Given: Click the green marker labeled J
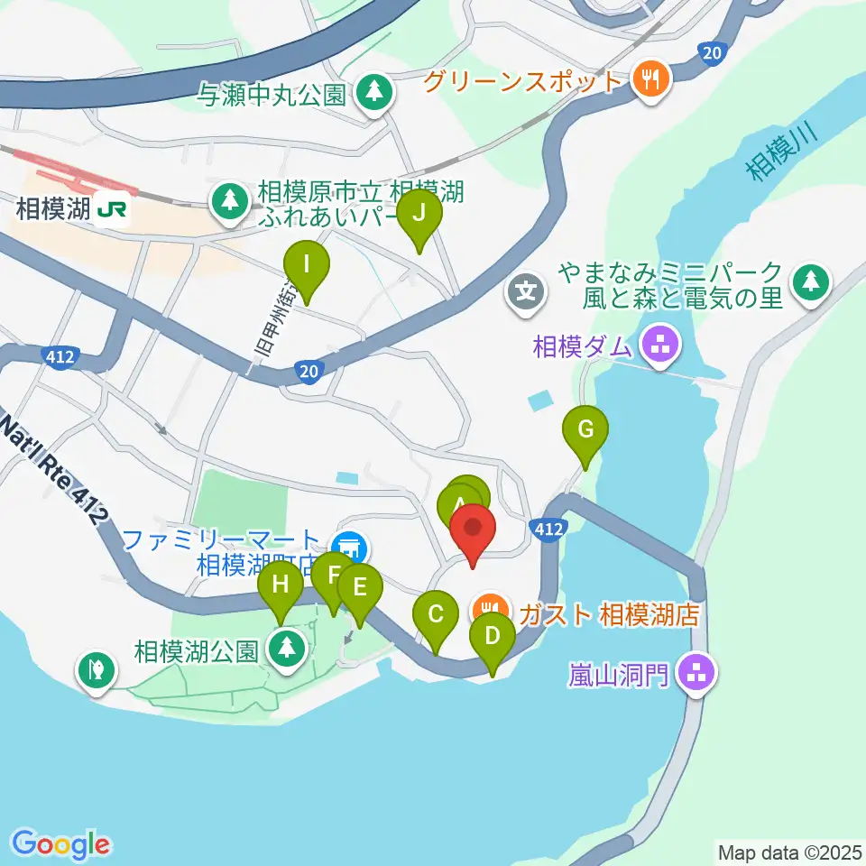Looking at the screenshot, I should pyautogui.click(x=419, y=215).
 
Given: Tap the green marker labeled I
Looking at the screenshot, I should pyautogui.click(x=307, y=265).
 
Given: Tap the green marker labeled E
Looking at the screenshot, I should pyautogui.click(x=359, y=589).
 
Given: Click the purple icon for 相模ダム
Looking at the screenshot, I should pyautogui.click(x=660, y=345).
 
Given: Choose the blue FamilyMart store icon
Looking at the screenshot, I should pyautogui.click(x=347, y=547).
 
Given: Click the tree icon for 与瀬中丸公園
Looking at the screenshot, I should pyautogui.click(x=373, y=92).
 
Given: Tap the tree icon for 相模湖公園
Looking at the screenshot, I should pyautogui.click(x=288, y=648).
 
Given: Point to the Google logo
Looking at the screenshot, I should pyautogui.click(x=61, y=844).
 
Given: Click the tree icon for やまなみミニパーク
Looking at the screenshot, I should pyautogui.click(x=810, y=283).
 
